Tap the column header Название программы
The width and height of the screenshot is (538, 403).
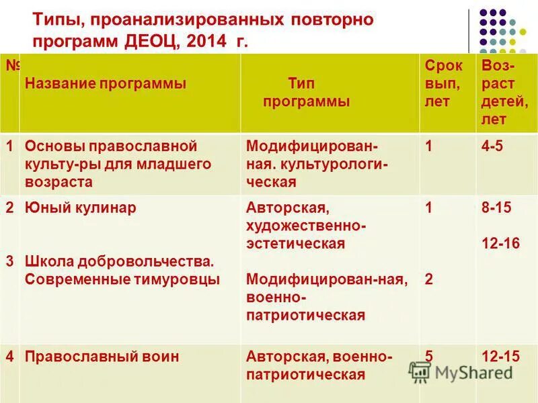(105, 84)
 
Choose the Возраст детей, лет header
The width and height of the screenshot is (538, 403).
(504, 93)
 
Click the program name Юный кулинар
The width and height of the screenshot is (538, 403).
(80, 208)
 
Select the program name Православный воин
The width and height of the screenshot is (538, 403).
(102, 357)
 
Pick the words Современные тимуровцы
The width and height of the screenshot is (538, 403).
(122, 279)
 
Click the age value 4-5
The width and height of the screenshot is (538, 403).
(492, 146)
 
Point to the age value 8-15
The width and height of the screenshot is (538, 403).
(496, 208)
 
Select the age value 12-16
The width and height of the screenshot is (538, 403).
(500, 243)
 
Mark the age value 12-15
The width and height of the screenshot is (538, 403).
(500, 357)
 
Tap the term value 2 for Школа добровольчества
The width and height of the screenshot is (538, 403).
(429, 279)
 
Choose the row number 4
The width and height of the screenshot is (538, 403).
(9, 357)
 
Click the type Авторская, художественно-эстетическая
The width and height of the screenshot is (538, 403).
(306, 226)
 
